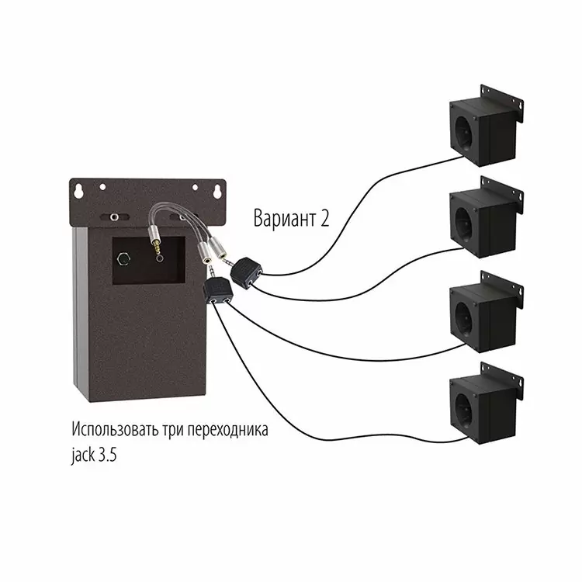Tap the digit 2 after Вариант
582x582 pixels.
[325, 218]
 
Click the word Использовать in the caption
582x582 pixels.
[116, 429]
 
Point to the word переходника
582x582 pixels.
[227, 431]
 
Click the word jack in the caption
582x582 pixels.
[83, 455]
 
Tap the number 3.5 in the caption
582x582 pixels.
[108, 455]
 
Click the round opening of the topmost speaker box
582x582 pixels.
[463, 133]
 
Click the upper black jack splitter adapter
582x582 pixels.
[246, 272]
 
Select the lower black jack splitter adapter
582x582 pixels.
[218, 291]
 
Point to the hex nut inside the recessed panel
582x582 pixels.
[123, 258]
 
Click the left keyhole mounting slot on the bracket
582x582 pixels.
[78, 191]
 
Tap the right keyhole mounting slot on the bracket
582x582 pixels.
[217, 192]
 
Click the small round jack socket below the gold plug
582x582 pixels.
[160, 258]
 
